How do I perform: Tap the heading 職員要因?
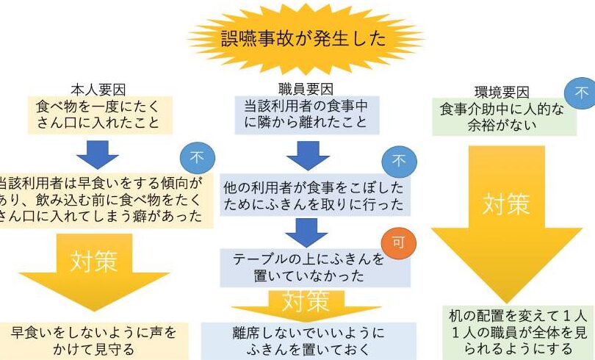(x=305, y=92)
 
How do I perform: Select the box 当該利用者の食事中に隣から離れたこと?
(x=306, y=114)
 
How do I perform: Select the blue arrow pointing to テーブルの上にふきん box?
(x=306, y=232)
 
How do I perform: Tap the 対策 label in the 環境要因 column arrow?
(x=507, y=204)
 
